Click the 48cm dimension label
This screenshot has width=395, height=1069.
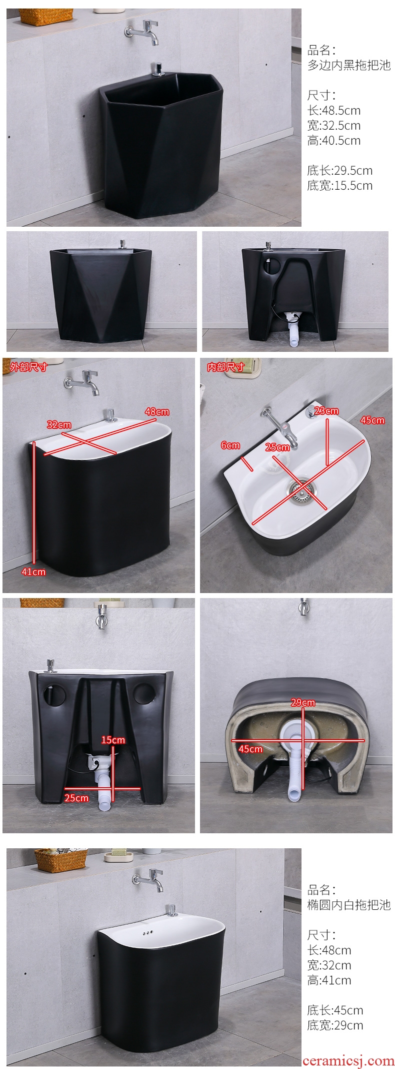point(157,412)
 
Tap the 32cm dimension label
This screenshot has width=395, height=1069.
point(59,424)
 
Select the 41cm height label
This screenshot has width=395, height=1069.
point(33,572)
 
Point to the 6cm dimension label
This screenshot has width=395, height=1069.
point(230,445)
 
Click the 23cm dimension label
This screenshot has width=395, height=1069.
point(326,411)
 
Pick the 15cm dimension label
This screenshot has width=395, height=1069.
point(113,740)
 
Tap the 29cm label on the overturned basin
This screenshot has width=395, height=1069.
point(303,703)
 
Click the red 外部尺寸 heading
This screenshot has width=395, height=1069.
point(28,367)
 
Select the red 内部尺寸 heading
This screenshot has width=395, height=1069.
point(225,367)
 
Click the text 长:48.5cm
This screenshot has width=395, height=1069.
point(333,111)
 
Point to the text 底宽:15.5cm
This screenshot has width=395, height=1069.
point(339,186)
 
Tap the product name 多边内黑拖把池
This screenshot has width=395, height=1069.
point(348,65)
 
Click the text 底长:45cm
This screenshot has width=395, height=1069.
point(335,1010)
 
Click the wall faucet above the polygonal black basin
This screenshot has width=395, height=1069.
point(142,31)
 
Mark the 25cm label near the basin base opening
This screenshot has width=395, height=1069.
point(76,798)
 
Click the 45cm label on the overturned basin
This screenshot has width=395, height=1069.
point(250,749)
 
